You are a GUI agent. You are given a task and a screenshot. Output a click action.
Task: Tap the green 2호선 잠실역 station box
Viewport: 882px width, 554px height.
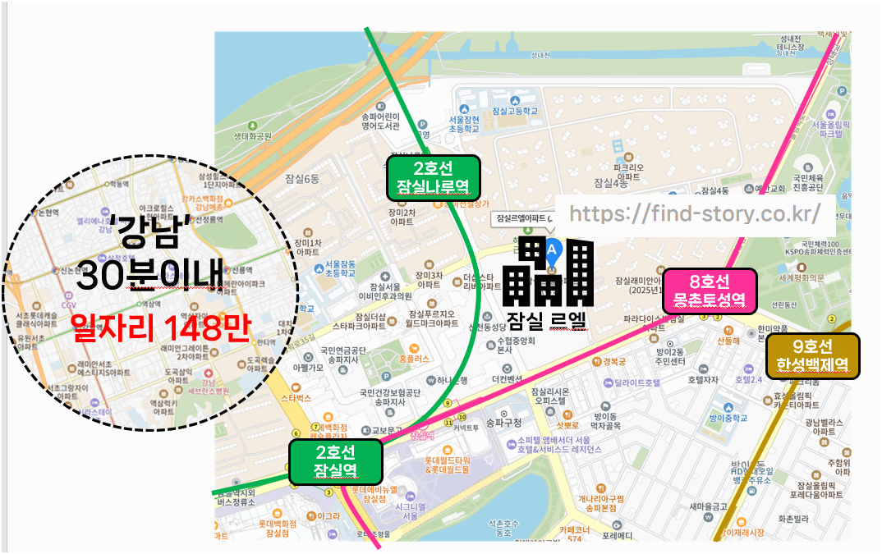click(335, 462)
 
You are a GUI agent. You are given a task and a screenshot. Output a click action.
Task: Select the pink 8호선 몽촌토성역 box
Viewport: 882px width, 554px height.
click(709, 291)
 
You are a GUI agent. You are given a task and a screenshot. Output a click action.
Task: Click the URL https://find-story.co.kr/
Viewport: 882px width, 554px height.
click(695, 213)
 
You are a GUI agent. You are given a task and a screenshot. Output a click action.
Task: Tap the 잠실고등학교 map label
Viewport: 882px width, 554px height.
click(514, 111)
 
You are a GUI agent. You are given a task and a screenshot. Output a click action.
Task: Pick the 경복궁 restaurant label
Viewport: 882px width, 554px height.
click(614, 361)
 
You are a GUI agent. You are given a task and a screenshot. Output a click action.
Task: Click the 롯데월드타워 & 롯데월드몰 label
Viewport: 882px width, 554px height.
click(448, 465)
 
